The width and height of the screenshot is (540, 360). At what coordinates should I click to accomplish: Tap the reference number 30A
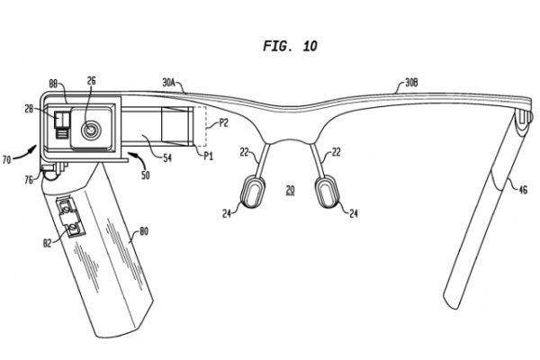tap(172, 82)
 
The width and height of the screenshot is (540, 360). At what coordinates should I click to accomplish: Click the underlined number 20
tap(290, 189)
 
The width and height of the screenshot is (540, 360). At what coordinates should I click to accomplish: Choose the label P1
tap(208, 156)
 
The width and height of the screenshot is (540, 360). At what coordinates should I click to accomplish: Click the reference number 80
tap(143, 232)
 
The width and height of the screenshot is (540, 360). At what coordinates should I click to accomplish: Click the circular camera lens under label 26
tap(90, 129)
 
